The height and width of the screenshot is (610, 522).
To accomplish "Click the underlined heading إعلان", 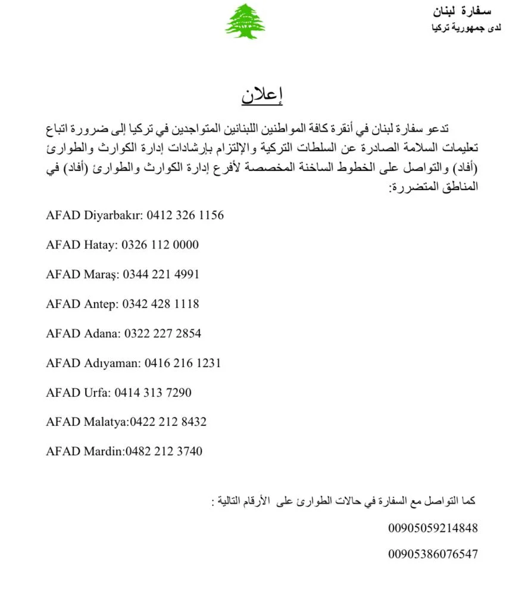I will point(262,96).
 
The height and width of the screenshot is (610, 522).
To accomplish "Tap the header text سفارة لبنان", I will point(462,11).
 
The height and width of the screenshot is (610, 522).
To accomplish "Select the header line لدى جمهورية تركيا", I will point(467,28).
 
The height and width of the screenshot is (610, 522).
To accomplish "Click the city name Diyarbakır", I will point(114,215).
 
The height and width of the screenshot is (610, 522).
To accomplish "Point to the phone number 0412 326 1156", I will point(185,215).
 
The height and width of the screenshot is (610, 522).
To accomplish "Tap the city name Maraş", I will point(102,275).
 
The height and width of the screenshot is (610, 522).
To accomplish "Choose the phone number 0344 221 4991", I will point(161,275).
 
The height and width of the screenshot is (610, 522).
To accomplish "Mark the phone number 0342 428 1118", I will point(161,304).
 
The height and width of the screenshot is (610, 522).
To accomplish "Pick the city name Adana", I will point(102,334).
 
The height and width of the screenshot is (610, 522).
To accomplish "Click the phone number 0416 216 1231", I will point(183,363).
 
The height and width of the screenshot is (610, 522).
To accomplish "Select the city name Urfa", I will point(97,393).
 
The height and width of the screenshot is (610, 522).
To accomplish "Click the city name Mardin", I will point(103,452).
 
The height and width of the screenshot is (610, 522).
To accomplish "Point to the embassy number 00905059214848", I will point(433,528).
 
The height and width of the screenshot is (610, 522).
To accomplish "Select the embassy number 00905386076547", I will point(433,555).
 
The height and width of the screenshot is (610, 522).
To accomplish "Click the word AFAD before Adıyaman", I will point(63,363).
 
